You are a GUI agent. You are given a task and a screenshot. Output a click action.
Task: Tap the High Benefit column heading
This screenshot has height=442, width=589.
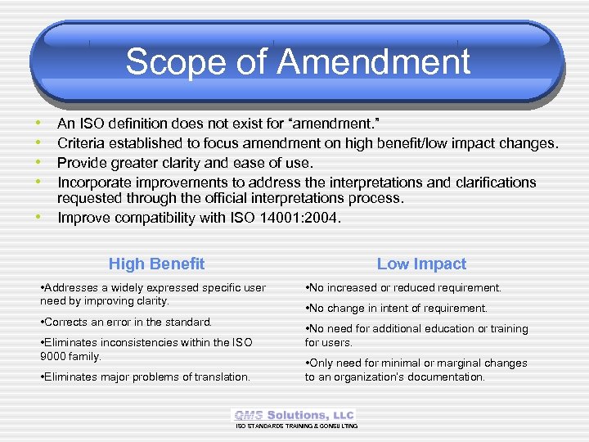tap(156, 264)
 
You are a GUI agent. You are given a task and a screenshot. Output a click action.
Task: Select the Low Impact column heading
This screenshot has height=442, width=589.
tap(421, 264)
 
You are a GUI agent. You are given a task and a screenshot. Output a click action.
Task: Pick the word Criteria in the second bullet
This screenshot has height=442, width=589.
tap(83, 143)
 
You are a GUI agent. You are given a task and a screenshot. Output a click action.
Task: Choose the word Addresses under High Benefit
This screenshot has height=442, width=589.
tap(71, 288)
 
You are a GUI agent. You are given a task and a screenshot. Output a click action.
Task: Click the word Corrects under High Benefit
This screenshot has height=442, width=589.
tap(69, 322)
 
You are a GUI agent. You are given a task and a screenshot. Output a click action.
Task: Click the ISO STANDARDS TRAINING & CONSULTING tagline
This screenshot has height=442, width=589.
tap(296, 426)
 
